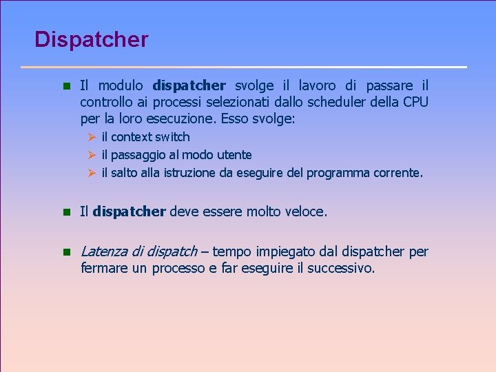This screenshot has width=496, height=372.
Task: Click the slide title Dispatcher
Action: coord(91,39)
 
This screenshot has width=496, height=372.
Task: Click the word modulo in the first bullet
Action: coord(121,86)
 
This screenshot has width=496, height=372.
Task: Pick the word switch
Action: coord(172,137)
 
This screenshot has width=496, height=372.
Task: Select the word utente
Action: coord(234,155)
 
